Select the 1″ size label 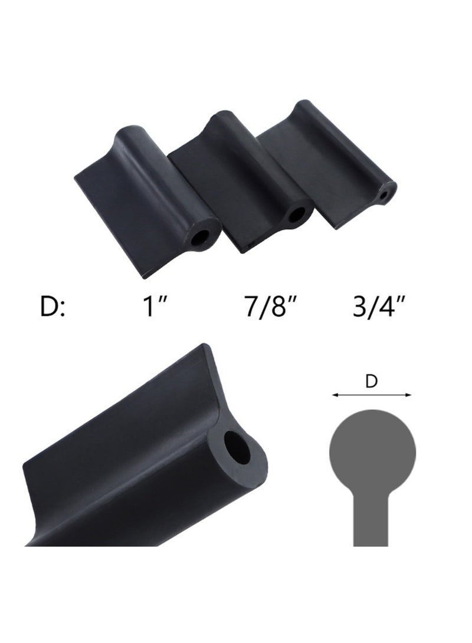154,307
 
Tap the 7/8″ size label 265,307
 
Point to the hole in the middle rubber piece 294,215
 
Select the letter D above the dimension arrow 372,382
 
